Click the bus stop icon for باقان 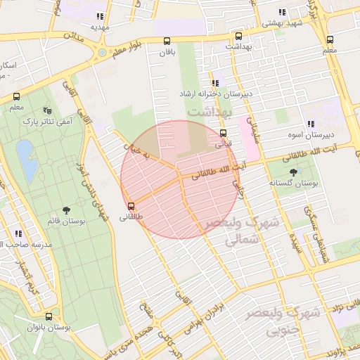point(167,41)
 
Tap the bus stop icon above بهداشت point(238,36)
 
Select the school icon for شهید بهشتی point(282,12)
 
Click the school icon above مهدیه point(101,16)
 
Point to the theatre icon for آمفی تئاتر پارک point(48,110)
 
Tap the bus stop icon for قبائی point(223,133)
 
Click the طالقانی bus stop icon point(131,207)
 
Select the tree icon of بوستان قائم point(67,210)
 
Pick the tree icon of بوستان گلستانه point(293,172)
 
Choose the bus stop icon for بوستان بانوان point(49,317)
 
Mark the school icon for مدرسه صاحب point(18,233)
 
